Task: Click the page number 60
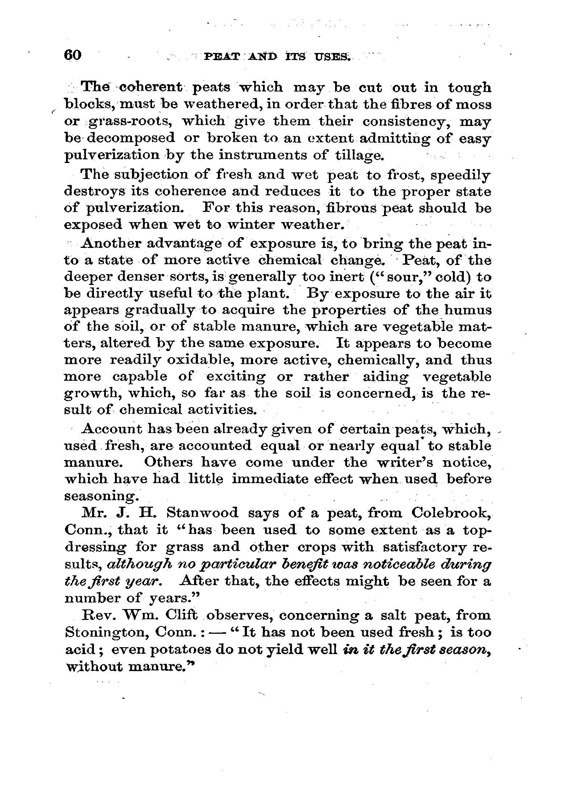(73, 56)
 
